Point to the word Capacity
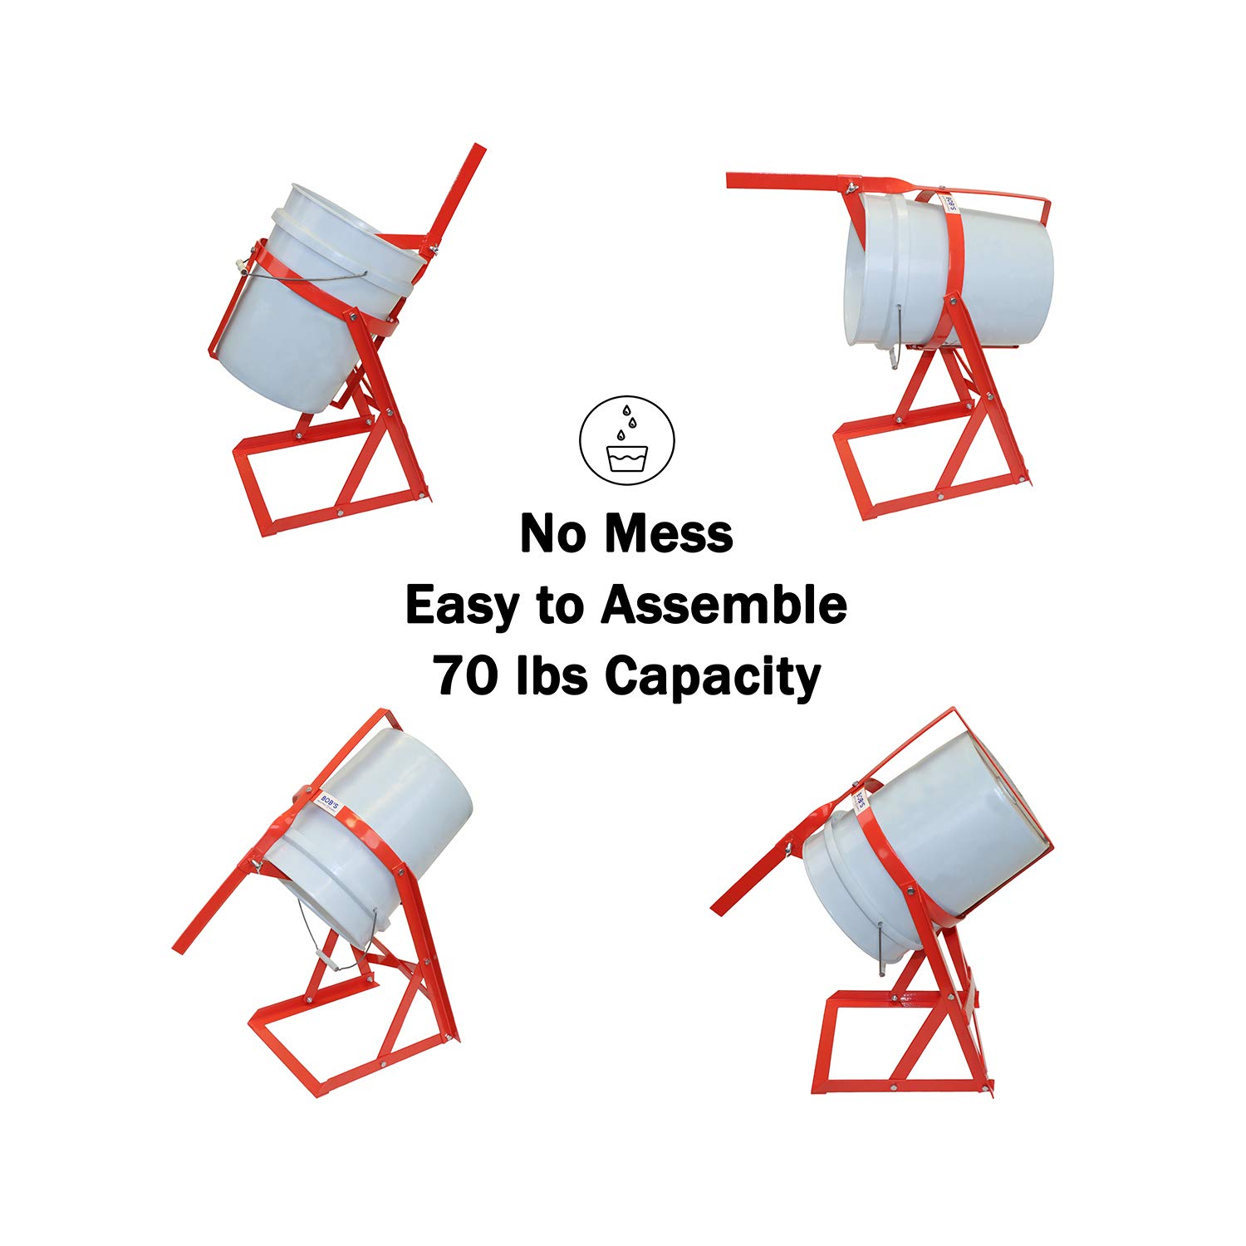point(712,677)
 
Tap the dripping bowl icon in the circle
point(627,439)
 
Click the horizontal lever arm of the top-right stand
point(789,181)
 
